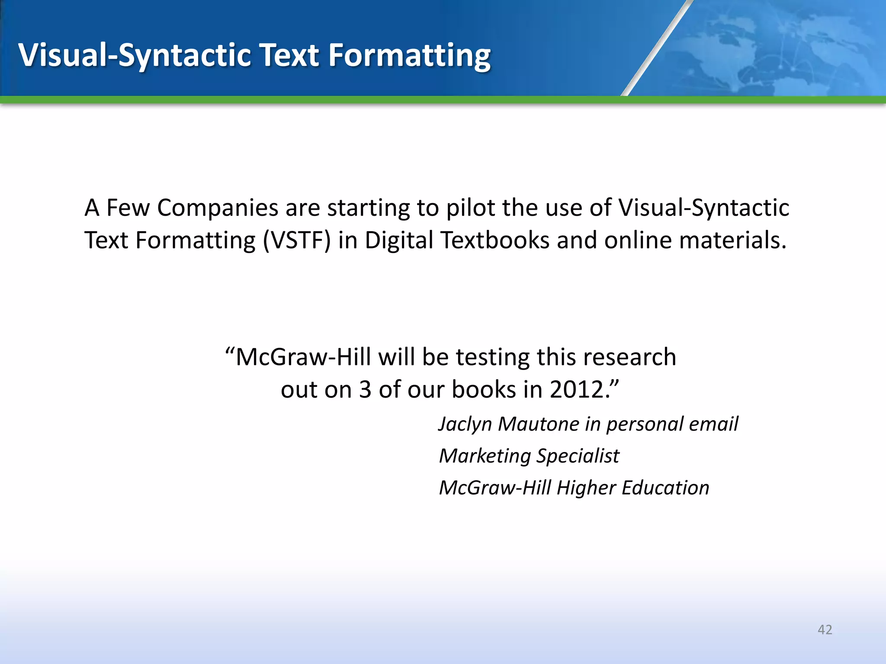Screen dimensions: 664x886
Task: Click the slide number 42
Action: pyautogui.click(x=825, y=629)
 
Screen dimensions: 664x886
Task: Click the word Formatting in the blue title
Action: pyautogui.click(x=409, y=56)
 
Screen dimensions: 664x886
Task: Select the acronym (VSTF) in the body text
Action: pyautogui.click(x=297, y=240)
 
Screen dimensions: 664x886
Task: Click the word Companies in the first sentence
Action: pyautogui.click(x=218, y=208)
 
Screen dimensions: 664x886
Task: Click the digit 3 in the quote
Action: pyautogui.click(x=365, y=389)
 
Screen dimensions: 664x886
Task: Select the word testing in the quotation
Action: pyautogui.click(x=493, y=358)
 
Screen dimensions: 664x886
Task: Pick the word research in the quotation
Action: pyautogui.click(x=629, y=358)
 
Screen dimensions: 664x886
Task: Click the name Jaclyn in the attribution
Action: pyautogui.click(x=465, y=424)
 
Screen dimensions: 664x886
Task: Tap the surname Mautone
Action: pyautogui.click(x=538, y=424)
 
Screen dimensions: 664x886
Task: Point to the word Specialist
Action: pyautogui.click(x=578, y=456)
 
